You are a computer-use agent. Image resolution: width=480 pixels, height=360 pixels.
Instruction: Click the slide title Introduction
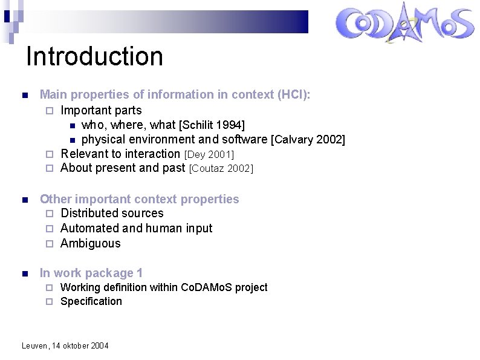[x=94, y=56]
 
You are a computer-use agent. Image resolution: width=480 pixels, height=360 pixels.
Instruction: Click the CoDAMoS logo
[x=404, y=24]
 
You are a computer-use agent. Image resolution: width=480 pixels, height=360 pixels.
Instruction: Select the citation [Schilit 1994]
[x=212, y=125]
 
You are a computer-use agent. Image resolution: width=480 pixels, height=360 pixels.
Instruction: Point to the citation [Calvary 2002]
[x=308, y=140]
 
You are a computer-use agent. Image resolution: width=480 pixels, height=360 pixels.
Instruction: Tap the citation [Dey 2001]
[x=209, y=155]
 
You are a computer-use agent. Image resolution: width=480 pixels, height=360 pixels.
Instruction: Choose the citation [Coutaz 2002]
[x=221, y=169]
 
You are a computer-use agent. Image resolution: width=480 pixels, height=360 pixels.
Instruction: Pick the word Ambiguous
[x=91, y=243]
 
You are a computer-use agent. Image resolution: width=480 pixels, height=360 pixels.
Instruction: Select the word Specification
[x=91, y=301]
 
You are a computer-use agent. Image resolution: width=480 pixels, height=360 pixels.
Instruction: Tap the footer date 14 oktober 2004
[x=79, y=345]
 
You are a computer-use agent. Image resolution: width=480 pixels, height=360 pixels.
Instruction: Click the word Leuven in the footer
[x=34, y=345]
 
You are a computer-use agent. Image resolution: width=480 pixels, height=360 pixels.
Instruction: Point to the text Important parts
[x=101, y=110]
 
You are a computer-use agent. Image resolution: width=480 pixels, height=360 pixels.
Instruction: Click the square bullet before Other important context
[x=24, y=200]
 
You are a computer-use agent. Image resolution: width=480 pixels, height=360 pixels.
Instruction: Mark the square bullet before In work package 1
[x=24, y=274]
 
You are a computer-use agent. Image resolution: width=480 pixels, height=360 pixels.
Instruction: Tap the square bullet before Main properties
[x=24, y=96]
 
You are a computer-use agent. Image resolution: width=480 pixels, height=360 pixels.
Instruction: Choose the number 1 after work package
[x=140, y=273]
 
